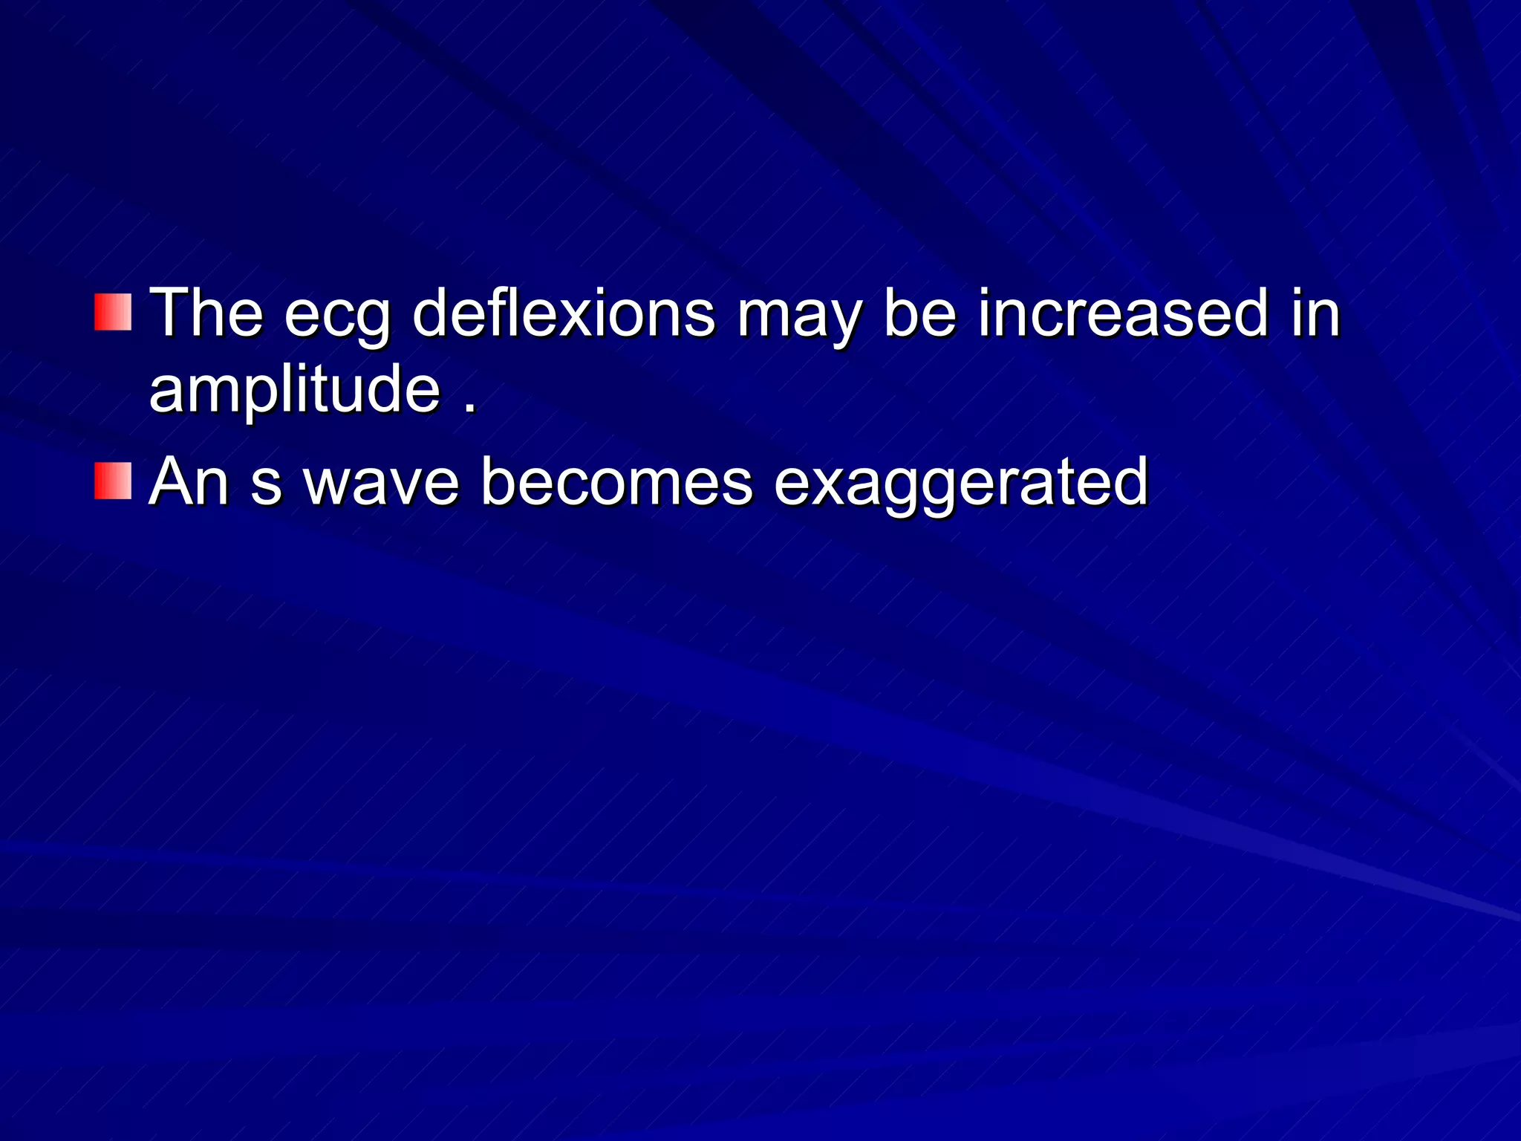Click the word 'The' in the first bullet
206,313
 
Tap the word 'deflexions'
564,313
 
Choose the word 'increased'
1122,313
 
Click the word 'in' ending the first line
1315,313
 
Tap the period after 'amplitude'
469,409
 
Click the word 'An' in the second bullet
189,482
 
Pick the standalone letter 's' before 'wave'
266,487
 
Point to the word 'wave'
382,487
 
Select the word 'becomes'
616,482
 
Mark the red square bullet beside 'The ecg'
113,312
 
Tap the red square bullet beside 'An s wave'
113,481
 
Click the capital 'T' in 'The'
169,313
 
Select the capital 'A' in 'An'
170,482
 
